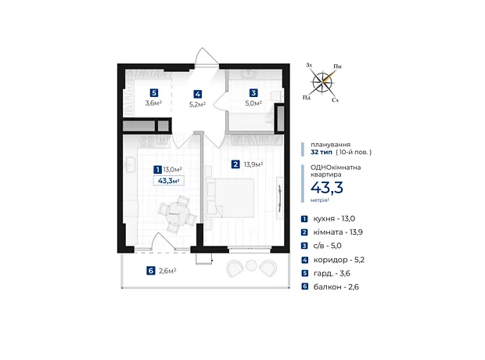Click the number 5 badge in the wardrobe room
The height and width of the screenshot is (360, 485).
pyautogui.click(x=154, y=93)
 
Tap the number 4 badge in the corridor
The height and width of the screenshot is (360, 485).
pyautogui.click(x=198, y=94)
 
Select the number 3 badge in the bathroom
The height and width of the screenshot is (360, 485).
pyautogui.click(x=253, y=93)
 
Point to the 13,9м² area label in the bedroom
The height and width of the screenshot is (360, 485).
pyautogui.click(x=253, y=164)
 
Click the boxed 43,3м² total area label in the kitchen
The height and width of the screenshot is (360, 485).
pyautogui.click(x=169, y=181)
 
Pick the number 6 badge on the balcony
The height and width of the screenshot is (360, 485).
pyautogui.click(x=151, y=271)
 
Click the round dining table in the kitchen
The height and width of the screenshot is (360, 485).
pyautogui.click(x=178, y=214)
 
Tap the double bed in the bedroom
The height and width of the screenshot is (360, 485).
pyautogui.click(x=229, y=198)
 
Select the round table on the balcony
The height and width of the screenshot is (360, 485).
pyautogui.click(x=251, y=265)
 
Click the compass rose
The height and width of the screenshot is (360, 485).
pyautogui.click(x=322, y=82)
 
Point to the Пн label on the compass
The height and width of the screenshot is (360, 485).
pyautogui.click(x=337, y=67)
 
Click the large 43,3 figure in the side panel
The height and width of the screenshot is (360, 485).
pyautogui.click(x=327, y=188)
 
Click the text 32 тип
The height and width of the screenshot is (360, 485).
pyautogui.click(x=322, y=152)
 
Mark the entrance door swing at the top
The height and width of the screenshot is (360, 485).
pyautogui.click(x=206, y=56)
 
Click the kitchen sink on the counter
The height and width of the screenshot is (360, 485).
pyautogui.click(x=130, y=164)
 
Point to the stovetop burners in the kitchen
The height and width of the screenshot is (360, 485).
pyautogui.click(x=146, y=141)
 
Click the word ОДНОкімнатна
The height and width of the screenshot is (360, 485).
pyautogui.click(x=336, y=167)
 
